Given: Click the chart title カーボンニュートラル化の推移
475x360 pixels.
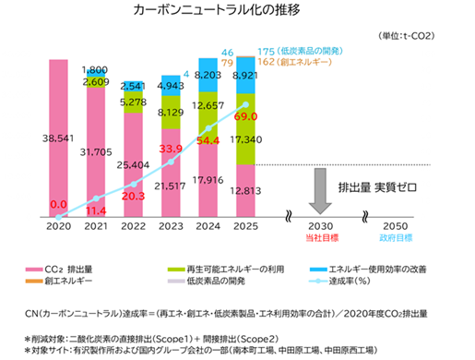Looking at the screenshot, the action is coord(217,10).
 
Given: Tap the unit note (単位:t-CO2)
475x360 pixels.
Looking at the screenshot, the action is coord(407,36).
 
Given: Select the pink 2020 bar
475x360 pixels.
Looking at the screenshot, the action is coord(58,138).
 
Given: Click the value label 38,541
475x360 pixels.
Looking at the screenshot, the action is coord(58,138).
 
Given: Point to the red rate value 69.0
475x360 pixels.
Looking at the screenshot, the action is coord(245,116).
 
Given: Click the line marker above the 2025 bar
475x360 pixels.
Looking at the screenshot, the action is coord(245,105).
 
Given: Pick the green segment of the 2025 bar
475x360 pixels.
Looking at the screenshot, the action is coord(245,129).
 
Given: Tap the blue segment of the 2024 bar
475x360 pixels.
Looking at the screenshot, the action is coord(208,75).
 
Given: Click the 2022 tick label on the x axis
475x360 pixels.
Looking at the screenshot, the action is coord(133,226).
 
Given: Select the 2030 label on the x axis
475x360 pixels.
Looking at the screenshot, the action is coord(321,226).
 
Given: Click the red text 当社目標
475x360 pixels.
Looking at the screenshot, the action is coord(322,238).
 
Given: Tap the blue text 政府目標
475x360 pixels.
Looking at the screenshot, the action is coord(396,238).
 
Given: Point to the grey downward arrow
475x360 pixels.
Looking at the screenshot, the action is coord(320,191).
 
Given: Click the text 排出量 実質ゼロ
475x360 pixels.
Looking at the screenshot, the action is coord(377,187).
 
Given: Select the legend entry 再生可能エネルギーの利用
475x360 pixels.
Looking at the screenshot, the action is coord(226,270).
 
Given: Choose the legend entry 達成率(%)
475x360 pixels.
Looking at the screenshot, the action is coord(340,281).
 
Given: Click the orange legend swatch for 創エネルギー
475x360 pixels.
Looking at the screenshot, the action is coord(34,281).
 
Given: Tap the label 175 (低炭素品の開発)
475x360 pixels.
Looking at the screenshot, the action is coord(300,51).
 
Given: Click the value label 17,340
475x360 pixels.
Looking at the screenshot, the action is coord(246,139).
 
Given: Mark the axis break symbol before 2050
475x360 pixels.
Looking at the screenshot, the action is coord(365,216).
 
